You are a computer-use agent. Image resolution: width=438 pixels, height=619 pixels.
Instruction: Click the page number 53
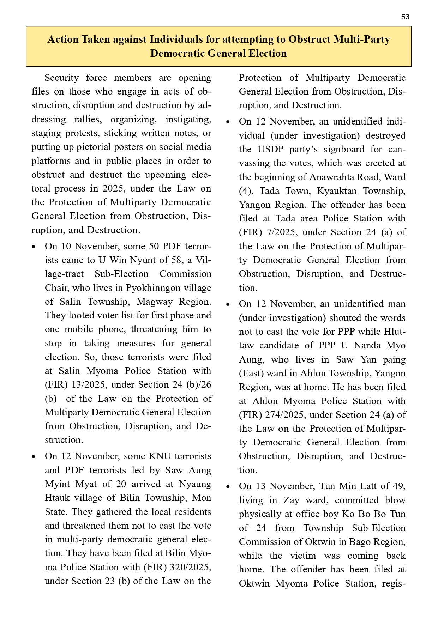[x=405, y=17]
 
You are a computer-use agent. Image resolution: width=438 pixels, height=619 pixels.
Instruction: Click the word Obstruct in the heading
[x=309, y=39]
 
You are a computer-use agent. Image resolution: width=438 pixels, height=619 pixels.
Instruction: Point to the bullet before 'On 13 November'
[x=228, y=487]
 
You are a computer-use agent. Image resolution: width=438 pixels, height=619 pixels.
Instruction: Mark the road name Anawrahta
[x=333, y=177]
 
